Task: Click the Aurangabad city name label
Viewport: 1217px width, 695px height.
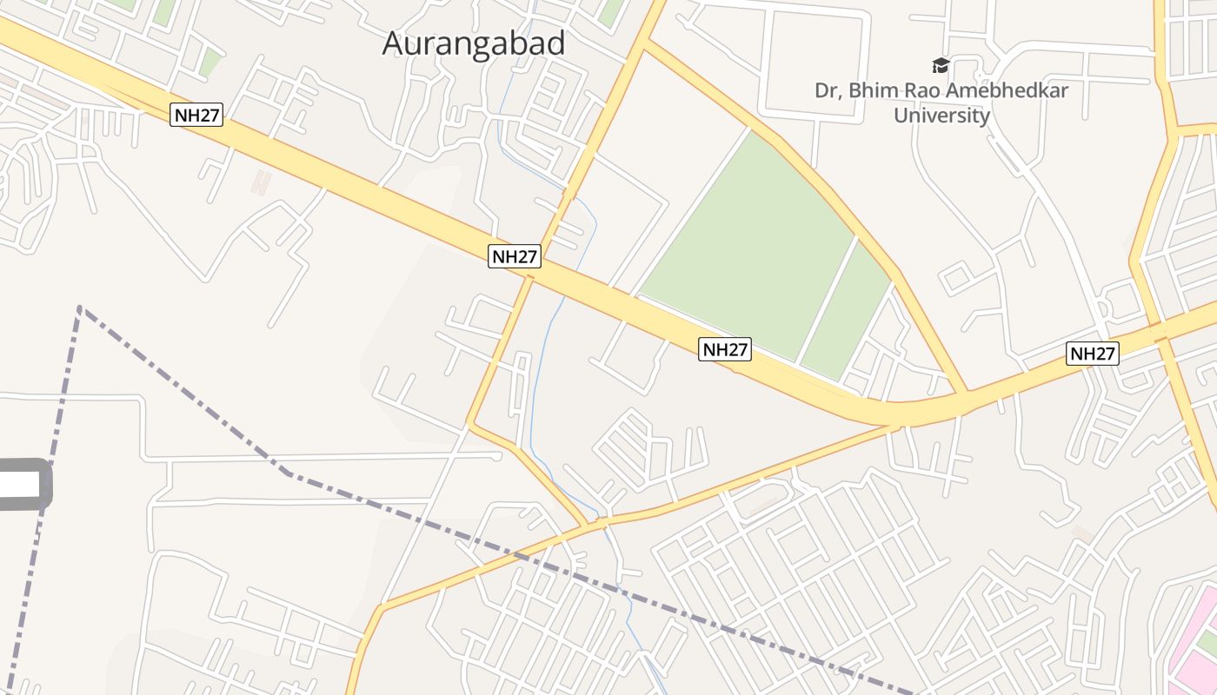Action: pyautogui.click(x=474, y=43)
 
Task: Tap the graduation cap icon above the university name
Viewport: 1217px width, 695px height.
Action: pyautogui.click(x=941, y=65)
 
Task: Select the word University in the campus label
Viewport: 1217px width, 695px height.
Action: pyautogui.click(x=942, y=116)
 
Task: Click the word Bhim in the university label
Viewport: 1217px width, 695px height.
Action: pyautogui.click(x=886, y=90)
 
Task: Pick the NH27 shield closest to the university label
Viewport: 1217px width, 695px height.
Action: pyautogui.click(x=1093, y=354)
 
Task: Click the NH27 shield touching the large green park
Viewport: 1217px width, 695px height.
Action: pyautogui.click(x=725, y=349)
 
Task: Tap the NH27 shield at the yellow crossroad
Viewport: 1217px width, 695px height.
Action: pyautogui.click(x=515, y=255)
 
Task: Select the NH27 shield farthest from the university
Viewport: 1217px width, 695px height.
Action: pyautogui.click(x=196, y=115)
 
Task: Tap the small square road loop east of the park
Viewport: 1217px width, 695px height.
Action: pyautogui.click(x=956, y=279)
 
